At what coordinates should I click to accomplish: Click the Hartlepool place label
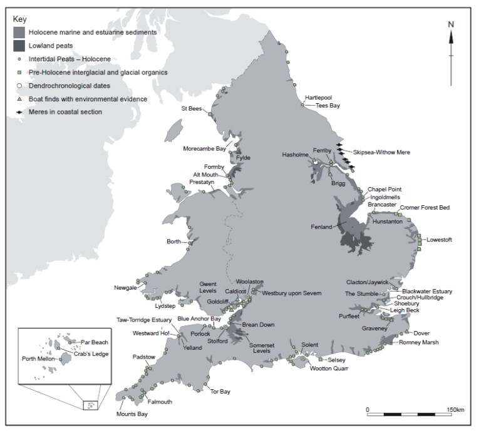point(318,98)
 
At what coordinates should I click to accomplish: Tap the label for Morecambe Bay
point(204,149)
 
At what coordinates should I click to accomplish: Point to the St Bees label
point(192,108)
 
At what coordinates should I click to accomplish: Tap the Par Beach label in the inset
point(95,342)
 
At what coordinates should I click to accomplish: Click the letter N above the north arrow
point(450,24)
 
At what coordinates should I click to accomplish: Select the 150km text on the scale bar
point(455,410)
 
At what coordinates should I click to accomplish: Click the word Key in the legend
point(20,19)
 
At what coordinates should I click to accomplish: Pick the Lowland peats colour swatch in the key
point(19,46)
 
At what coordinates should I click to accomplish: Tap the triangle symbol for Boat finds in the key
point(19,99)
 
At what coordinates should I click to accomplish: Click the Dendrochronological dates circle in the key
point(19,86)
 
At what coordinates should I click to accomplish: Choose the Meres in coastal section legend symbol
point(19,112)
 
